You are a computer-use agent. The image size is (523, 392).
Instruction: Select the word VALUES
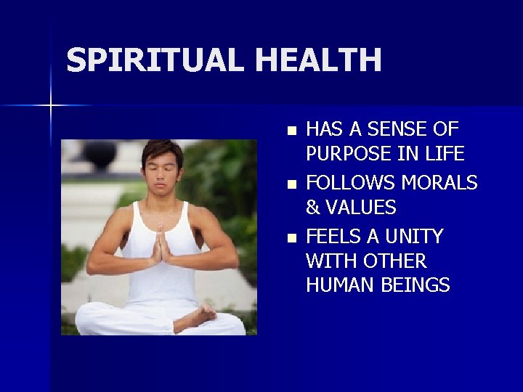[362, 208]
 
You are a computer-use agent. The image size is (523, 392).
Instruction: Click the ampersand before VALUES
[314, 208]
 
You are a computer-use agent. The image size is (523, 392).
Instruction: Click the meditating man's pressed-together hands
[161, 245]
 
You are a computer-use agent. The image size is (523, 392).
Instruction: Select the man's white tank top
[161, 283]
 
